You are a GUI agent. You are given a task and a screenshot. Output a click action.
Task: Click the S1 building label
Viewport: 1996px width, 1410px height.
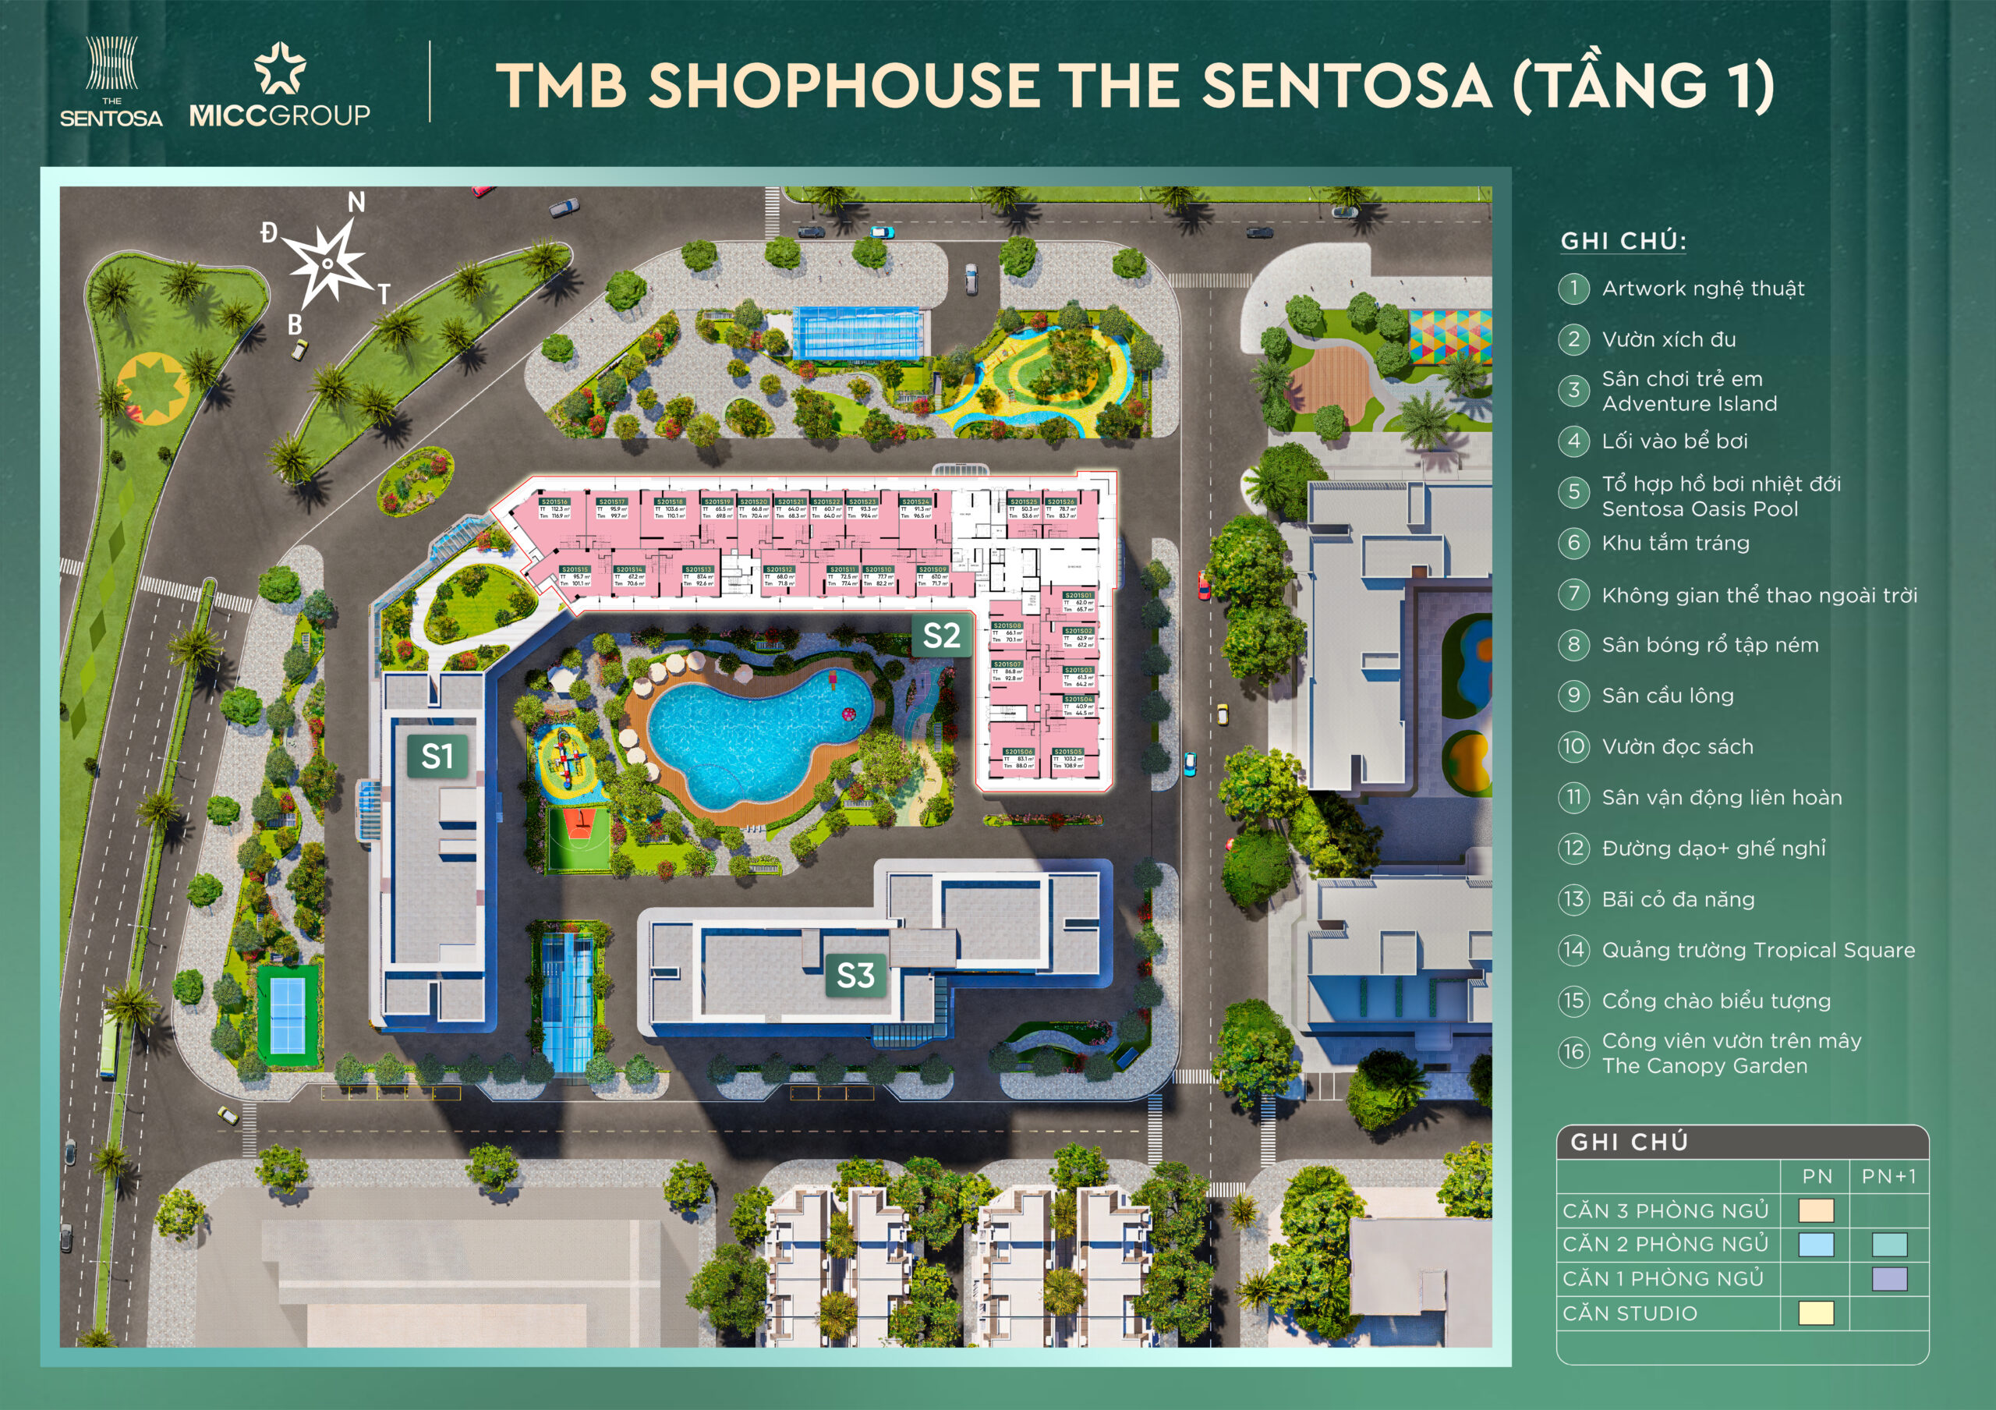point(437,756)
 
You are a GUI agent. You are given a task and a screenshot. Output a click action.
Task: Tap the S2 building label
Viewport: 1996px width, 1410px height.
point(942,636)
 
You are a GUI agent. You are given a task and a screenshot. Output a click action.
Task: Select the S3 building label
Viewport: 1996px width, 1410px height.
point(855,976)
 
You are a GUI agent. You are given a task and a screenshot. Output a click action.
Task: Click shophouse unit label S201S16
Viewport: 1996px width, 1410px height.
point(554,501)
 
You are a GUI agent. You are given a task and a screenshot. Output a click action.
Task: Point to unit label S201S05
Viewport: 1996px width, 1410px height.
point(1067,751)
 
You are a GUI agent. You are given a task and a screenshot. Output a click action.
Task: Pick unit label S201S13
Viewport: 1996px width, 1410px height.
point(698,569)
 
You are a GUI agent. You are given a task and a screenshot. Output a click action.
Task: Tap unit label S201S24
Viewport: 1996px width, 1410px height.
point(915,501)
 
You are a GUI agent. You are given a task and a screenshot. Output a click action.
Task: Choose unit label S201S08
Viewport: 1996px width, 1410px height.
point(1007,625)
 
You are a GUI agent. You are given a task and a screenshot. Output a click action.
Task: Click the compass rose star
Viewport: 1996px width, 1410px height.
point(327,262)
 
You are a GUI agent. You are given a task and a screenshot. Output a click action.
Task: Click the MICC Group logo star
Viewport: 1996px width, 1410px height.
point(279,69)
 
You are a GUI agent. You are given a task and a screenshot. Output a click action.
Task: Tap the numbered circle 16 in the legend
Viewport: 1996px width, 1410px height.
point(1573,1052)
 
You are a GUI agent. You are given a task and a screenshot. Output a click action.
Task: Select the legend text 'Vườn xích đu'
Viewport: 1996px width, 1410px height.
point(1669,339)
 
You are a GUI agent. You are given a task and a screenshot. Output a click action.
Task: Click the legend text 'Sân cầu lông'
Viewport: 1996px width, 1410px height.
point(1668,696)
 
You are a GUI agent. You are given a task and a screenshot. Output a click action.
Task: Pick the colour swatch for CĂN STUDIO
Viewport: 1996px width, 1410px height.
point(1815,1313)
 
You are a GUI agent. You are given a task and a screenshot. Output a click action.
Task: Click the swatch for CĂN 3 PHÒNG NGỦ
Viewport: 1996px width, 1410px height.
point(1815,1210)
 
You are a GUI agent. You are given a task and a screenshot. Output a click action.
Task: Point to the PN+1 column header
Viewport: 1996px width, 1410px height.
point(1888,1176)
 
